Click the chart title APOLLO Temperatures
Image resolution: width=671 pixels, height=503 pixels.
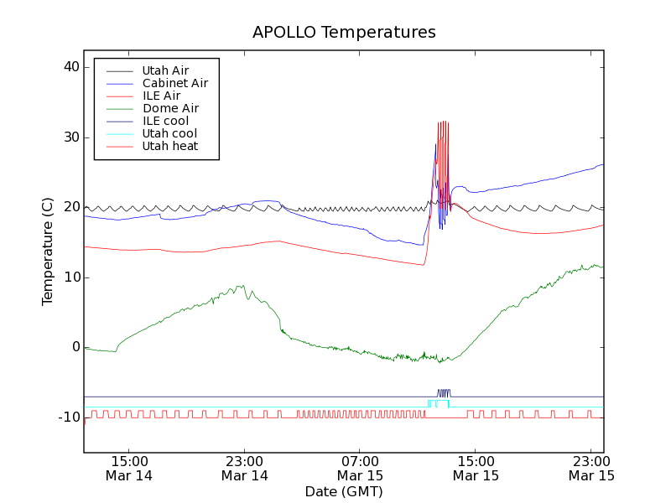click(x=344, y=33)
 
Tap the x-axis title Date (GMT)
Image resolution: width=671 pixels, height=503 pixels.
click(x=344, y=491)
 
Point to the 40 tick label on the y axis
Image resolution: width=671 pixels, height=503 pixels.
click(x=69, y=67)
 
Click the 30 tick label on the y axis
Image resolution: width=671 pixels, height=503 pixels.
click(x=69, y=137)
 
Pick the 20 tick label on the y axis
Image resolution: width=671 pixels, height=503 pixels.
click(x=69, y=207)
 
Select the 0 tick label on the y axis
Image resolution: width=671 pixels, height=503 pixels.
click(x=75, y=347)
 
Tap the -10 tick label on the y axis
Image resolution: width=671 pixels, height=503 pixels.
click(x=66, y=417)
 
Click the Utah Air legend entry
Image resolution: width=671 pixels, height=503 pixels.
click(x=165, y=70)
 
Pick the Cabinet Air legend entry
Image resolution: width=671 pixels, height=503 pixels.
click(x=174, y=83)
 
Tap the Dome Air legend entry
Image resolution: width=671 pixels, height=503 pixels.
click(x=170, y=108)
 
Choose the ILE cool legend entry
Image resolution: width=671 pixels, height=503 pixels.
click(x=165, y=121)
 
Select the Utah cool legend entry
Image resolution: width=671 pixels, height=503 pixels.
click(x=169, y=133)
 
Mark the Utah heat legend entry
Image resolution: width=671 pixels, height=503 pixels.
click(x=169, y=146)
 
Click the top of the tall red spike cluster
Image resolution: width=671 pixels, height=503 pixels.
click(x=443, y=122)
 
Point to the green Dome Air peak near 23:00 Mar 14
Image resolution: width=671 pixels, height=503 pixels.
click(x=242, y=286)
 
